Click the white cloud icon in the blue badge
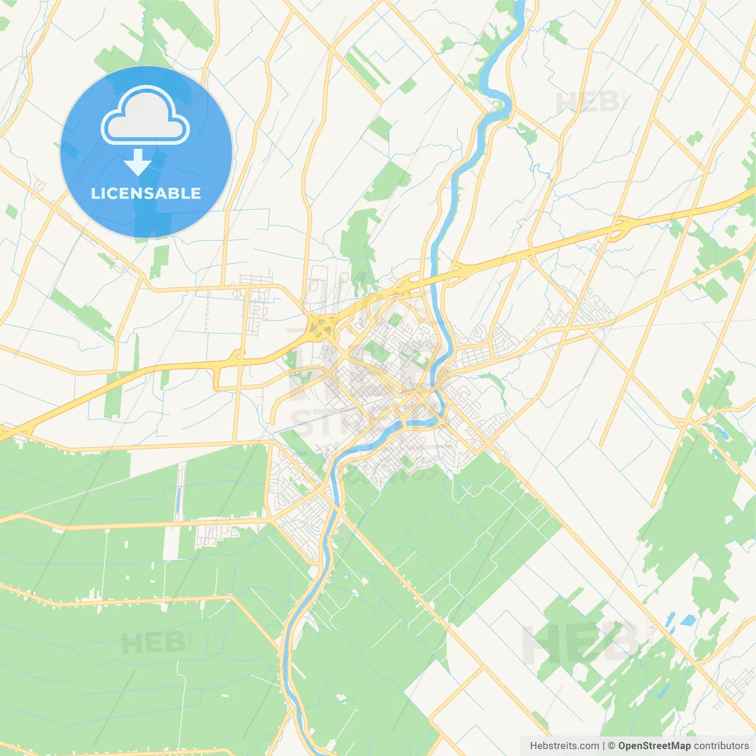pyautogui.click(x=145, y=116)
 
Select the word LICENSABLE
pyautogui.click(x=146, y=193)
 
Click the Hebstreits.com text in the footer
pyautogui.click(x=564, y=746)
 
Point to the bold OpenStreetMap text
pyautogui.click(x=654, y=746)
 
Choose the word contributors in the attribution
pyautogui.click(x=721, y=746)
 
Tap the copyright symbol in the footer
pyautogui.click(x=611, y=746)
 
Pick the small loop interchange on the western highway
pyautogui.click(x=237, y=356)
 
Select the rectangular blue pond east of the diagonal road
pyautogui.click(x=687, y=621)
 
